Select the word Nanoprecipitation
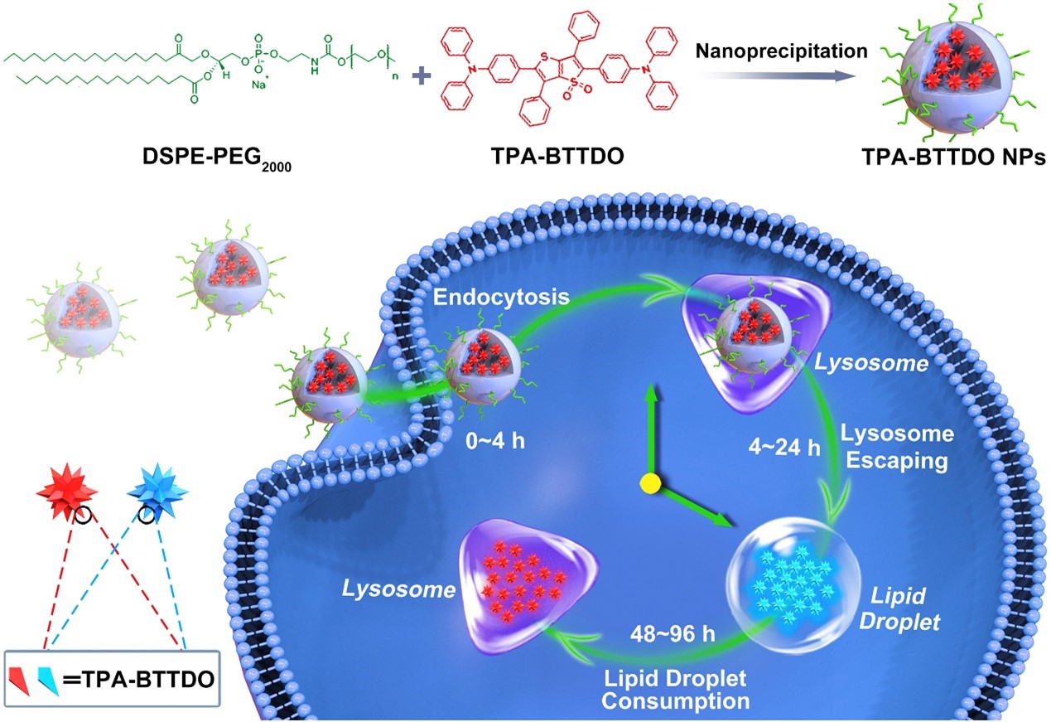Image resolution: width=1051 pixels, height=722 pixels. pyautogui.click(x=782, y=51)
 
